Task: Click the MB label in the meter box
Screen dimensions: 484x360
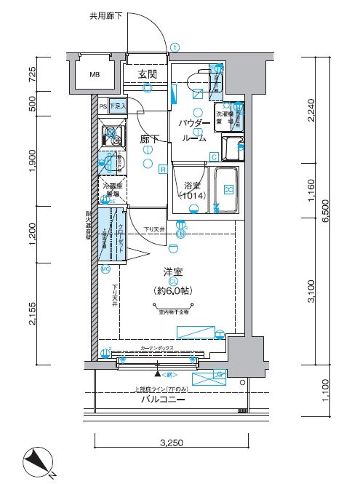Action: pos(95,74)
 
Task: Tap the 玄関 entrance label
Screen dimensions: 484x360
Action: pos(148,74)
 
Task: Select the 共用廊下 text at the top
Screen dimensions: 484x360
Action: pos(106,14)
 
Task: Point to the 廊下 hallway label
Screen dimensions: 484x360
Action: pos(149,138)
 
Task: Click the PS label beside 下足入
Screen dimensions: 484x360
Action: pos(103,106)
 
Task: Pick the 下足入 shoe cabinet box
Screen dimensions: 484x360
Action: pos(118,106)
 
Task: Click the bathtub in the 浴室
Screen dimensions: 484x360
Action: pos(227,191)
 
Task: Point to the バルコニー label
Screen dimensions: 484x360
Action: pos(164,400)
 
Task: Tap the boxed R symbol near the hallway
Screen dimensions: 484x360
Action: pos(163,170)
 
